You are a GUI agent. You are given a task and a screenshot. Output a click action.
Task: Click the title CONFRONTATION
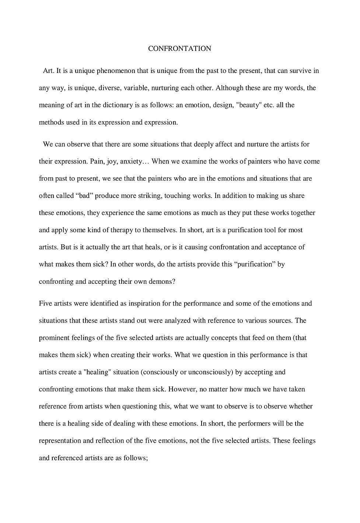179,49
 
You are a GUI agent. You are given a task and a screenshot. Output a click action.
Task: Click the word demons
161,282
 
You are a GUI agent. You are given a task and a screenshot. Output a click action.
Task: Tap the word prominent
53,338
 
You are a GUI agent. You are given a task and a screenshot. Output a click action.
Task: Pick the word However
182,389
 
